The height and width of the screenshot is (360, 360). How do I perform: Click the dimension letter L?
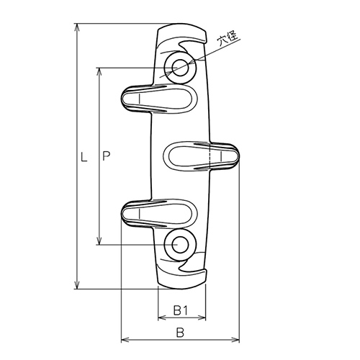(84, 156)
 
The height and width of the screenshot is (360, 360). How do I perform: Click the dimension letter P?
(106, 156)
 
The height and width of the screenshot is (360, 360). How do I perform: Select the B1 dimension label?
(180, 310)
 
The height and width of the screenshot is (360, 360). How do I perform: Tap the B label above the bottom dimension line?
(180, 333)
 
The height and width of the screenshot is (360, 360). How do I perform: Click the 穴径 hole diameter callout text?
(228, 37)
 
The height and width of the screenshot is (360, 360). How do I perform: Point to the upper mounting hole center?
(180, 68)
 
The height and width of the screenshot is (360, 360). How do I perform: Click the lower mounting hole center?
(180, 245)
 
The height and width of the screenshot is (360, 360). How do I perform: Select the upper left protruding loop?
(158, 99)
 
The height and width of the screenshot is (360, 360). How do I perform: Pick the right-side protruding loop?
(202, 156)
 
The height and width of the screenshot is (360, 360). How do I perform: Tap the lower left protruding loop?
(158, 213)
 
